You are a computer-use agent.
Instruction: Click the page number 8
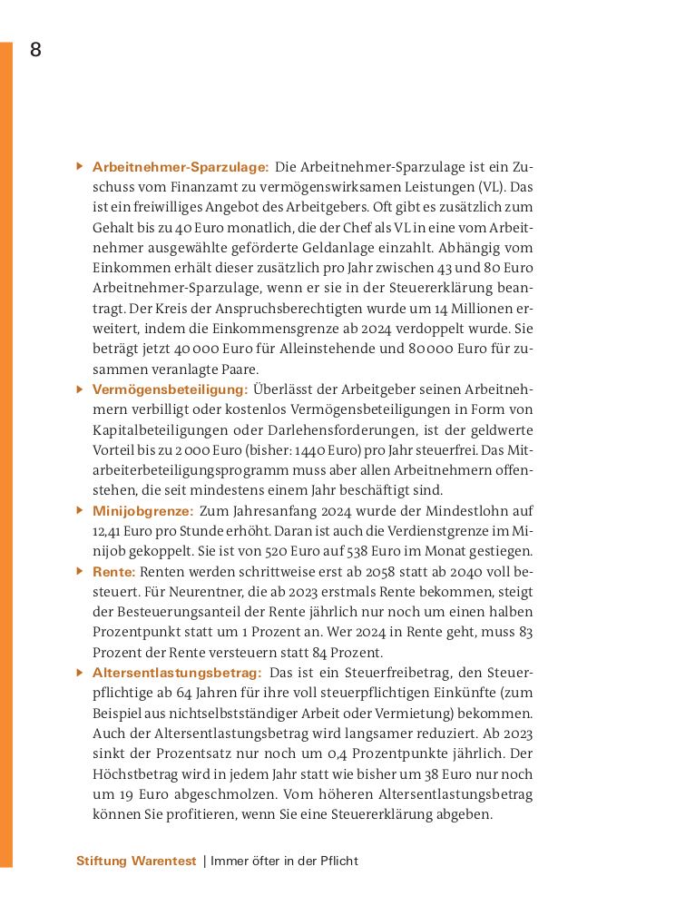coord(35,50)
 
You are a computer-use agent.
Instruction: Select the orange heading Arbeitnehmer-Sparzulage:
coord(181,167)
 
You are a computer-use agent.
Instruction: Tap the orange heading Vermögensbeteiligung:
coord(170,389)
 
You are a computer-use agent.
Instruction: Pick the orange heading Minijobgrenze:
coord(142,511)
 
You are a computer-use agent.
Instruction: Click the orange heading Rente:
coord(114,572)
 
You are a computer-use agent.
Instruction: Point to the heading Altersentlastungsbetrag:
coord(177,673)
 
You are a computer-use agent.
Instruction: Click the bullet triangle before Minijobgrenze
coord(80,510)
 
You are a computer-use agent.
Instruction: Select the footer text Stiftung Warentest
coord(136,861)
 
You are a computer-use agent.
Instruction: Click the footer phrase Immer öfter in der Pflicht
coord(284,861)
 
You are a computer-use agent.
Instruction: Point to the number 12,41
coord(109,532)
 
